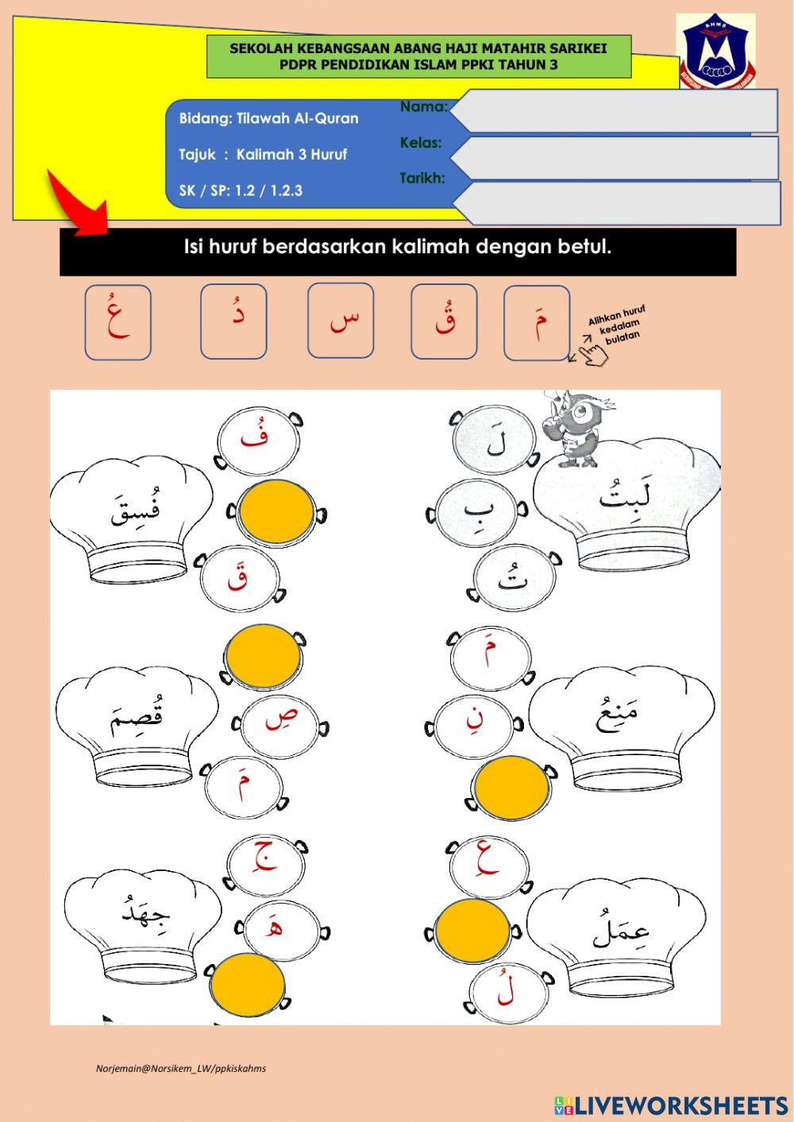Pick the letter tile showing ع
pyautogui.click(x=118, y=322)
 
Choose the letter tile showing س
pyautogui.click(x=341, y=321)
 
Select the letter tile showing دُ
pyautogui.click(x=233, y=321)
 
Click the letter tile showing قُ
pyautogui.click(x=444, y=322)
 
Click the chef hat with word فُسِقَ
pyautogui.click(x=131, y=519)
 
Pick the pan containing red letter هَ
pyautogui.click(x=282, y=931)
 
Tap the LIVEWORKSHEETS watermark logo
pyautogui.click(x=671, y=1102)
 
